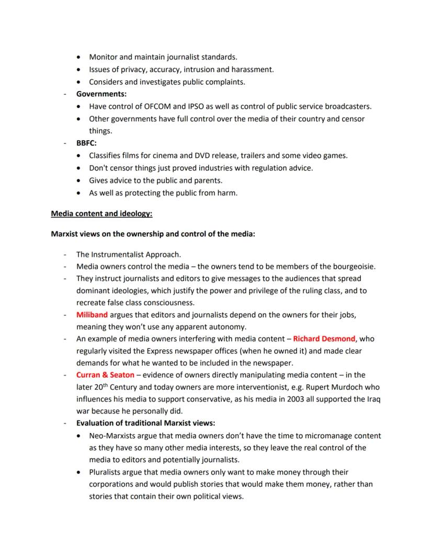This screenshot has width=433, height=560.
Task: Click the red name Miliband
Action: coord(92,315)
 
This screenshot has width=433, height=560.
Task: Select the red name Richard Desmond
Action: coord(324,338)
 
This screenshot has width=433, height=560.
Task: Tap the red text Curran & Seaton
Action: coord(105,375)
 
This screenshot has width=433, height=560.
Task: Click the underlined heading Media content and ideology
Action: coord(101,214)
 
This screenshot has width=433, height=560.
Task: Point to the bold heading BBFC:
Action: coord(86,143)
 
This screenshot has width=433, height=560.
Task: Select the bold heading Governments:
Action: coord(101,94)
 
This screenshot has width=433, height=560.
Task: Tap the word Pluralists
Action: coord(106,472)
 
